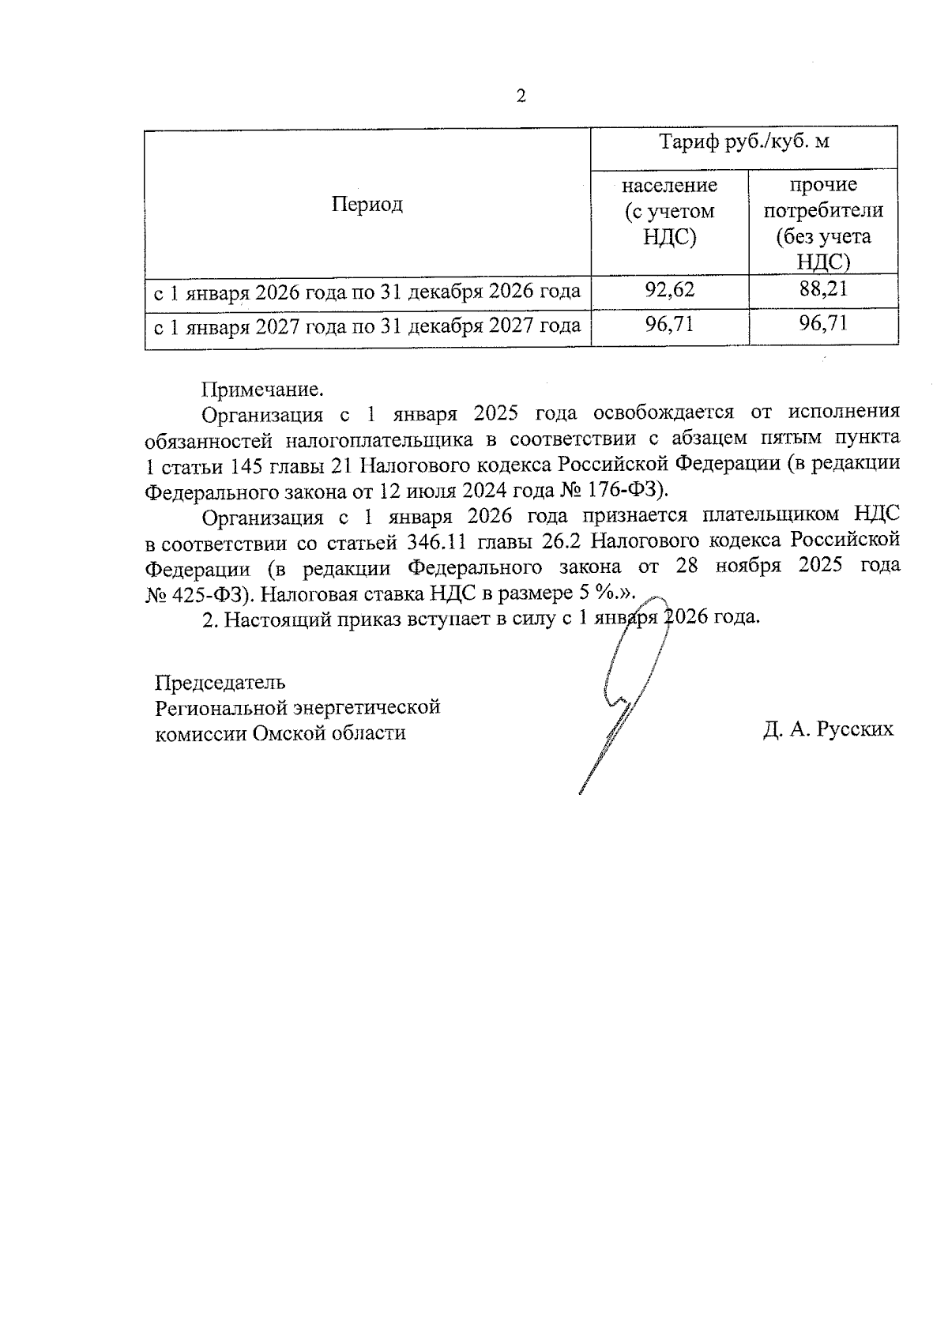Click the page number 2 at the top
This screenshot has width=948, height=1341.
pyautogui.click(x=521, y=96)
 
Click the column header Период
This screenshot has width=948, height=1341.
pyautogui.click(x=367, y=205)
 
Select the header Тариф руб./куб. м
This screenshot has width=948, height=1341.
pyautogui.click(x=744, y=142)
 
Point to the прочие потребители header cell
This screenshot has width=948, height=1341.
pyautogui.click(x=823, y=224)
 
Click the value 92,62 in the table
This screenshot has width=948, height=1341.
pyautogui.click(x=669, y=290)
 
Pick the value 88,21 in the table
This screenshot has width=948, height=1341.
pyautogui.click(x=823, y=289)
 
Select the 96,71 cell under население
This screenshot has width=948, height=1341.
pyautogui.click(x=669, y=324)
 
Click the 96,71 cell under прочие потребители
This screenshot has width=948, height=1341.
pyautogui.click(x=823, y=323)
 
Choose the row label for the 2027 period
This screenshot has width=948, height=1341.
pyautogui.click(x=367, y=326)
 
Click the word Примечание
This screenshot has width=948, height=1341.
pyautogui.click(x=263, y=389)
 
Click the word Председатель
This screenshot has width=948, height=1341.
pyautogui.click(x=220, y=682)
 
